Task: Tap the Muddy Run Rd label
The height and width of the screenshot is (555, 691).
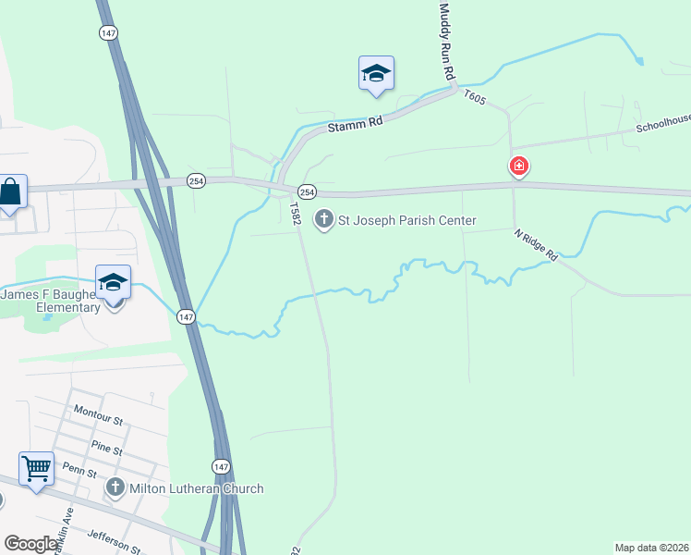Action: point(448,41)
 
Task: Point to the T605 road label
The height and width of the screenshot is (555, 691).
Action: point(474,96)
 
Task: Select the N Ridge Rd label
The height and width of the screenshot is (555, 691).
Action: point(537,244)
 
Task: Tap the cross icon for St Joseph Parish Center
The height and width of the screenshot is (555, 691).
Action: point(323,219)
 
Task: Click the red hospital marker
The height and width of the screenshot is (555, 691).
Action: point(519,166)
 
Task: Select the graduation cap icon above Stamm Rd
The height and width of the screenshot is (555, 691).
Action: point(376,73)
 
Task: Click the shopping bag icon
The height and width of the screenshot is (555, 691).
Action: point(10,192)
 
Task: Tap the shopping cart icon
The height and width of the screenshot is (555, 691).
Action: point(37,468)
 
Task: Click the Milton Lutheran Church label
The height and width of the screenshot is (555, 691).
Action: point(197,488)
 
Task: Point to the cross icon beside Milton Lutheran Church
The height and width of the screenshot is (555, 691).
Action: point(115,487)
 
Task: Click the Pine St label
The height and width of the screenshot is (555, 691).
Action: point(106,450)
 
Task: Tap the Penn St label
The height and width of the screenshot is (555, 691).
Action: point(79,472)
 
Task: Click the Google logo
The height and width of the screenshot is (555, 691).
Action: point(30,544)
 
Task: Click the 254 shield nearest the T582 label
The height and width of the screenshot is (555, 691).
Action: point(308,191)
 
